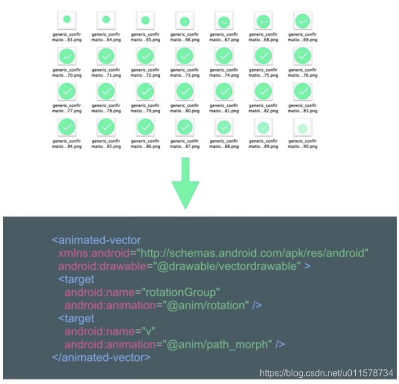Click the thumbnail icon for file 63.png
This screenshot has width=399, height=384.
(x=66, y=20)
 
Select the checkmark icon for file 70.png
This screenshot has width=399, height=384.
(x=66, y=55)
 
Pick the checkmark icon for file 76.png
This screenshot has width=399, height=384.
(x=302, y=55)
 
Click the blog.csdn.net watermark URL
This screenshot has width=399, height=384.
(x=326, y=373)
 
